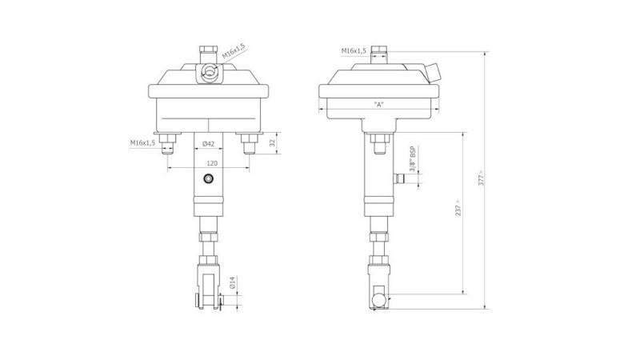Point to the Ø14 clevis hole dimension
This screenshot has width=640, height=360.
[x=233, y=284]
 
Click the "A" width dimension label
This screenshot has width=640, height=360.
[x=378, y=105]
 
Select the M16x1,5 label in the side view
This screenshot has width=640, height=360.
[x=354, y=50]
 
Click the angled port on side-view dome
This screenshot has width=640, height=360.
[x=434, y=74]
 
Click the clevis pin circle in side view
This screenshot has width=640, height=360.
[x=375, y=299]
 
